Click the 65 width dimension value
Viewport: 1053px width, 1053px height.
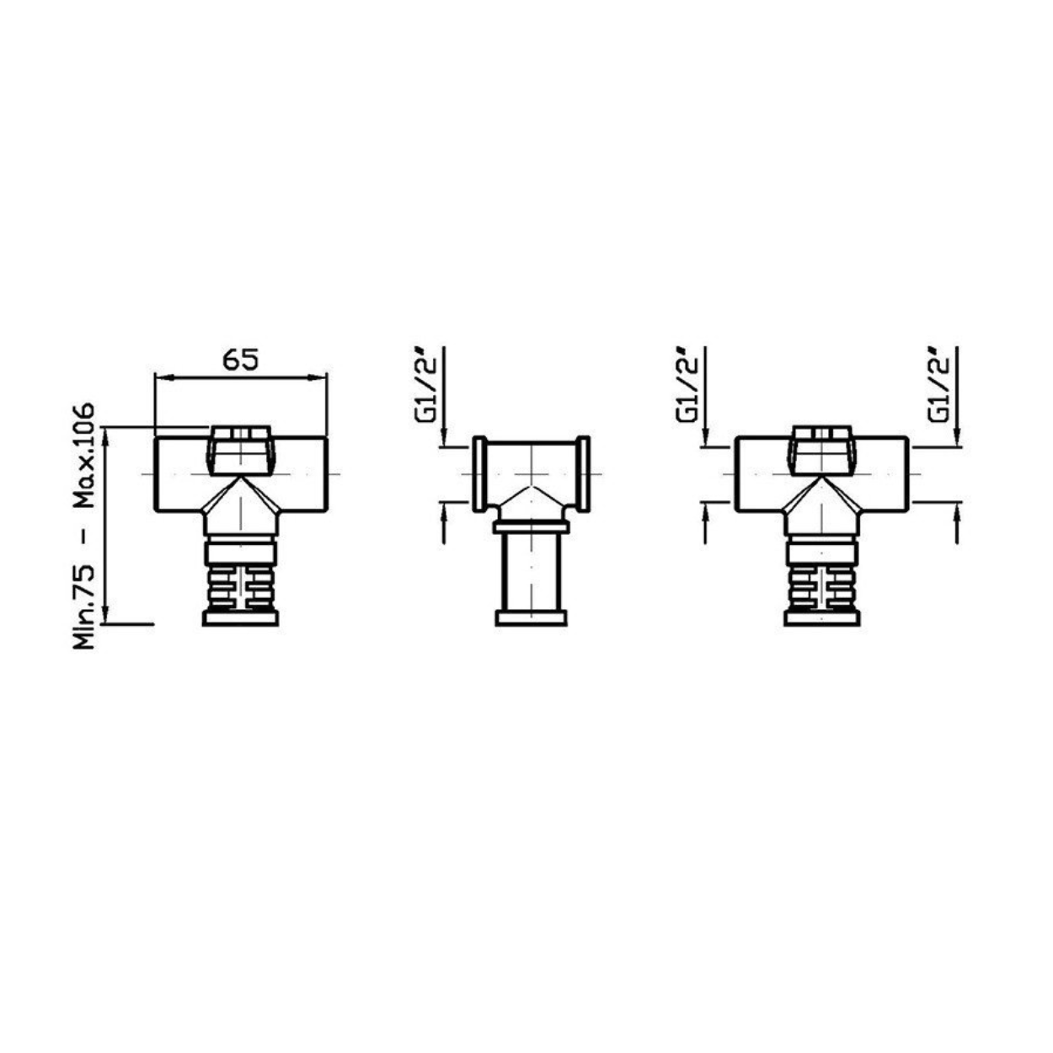240,359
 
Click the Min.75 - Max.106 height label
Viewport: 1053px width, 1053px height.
84,526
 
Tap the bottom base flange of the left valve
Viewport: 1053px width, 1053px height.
240,618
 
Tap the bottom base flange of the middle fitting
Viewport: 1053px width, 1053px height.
532,618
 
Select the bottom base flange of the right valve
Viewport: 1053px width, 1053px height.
821,618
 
